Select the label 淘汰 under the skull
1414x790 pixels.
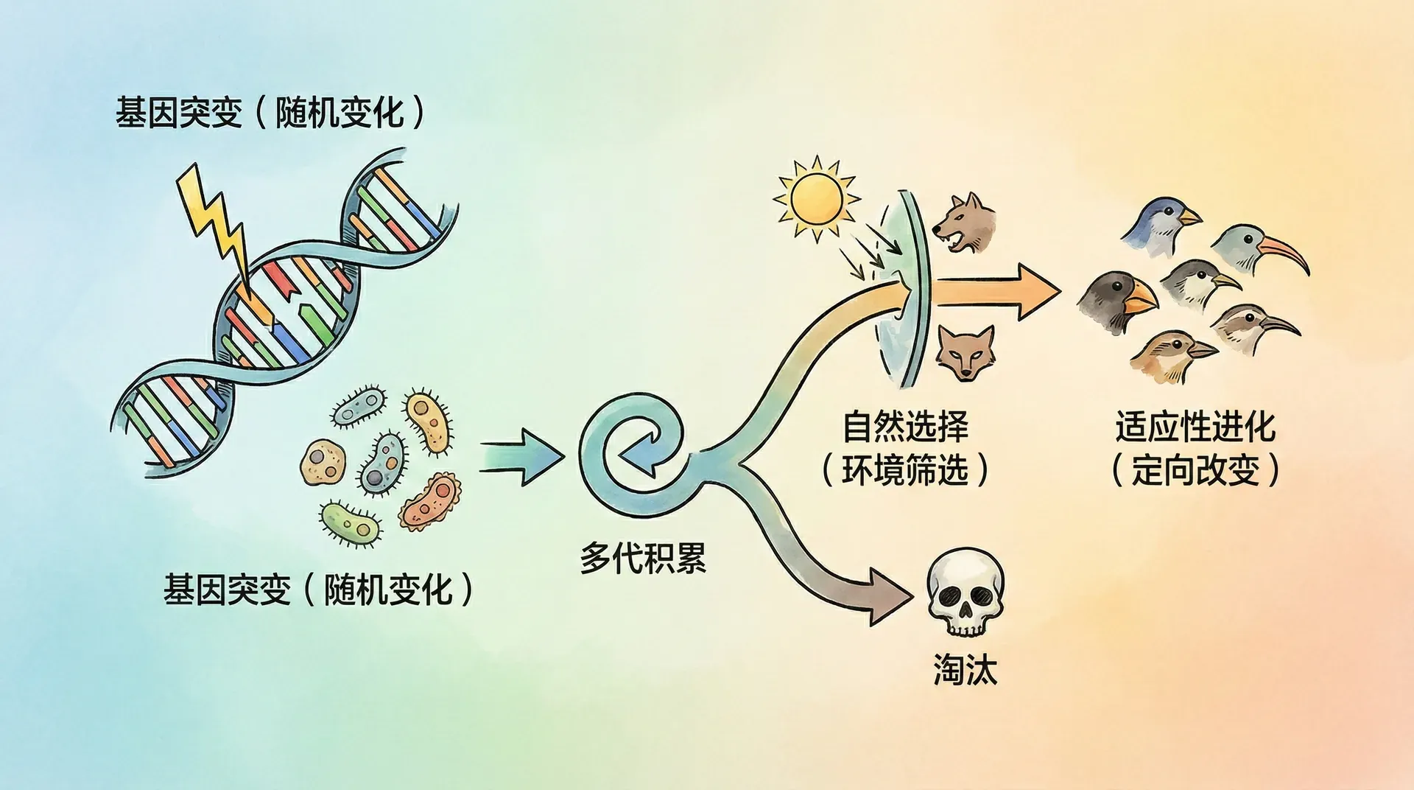pyautogui.click(x=965, y=670)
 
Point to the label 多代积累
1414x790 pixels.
pyautogui.click(x=643, y=559)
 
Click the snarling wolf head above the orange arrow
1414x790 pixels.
pyautogui.click(x=965, y=223)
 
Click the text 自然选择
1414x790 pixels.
pyautogui.click(x=905, y=426)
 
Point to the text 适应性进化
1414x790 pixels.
pyautogui.click(x=1195, y=426)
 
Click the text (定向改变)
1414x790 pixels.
pyautogui.click(x=1195, y=470)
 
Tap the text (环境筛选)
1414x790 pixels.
pyautogui.click(x=905, y=470)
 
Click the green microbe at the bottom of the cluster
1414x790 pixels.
pyautogui.click(x=350, y=522)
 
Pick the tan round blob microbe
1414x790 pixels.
pyautogui.click(x=323, y=461)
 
